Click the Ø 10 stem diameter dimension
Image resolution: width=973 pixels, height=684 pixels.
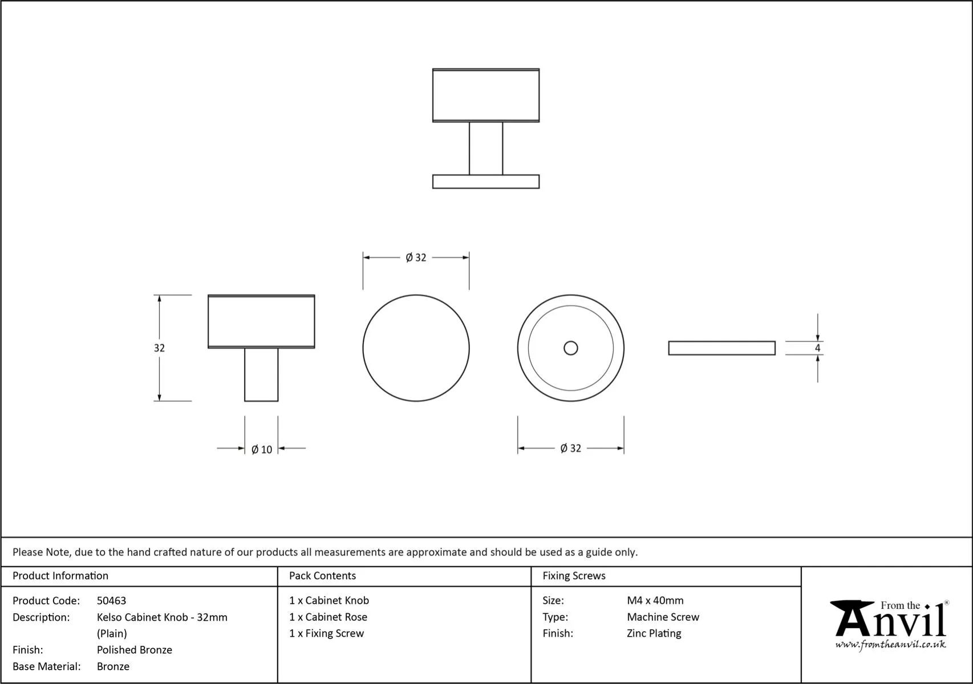[262, 449]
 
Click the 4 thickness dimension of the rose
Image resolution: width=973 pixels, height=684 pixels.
[817, 348]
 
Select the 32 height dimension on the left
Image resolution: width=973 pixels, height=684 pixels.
[159, 348]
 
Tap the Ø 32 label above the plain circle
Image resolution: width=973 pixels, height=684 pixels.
[416, 258]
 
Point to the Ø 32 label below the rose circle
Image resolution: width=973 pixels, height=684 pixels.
[570, 448]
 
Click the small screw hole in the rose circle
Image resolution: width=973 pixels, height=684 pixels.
[570, 348]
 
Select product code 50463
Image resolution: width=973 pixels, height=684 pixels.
[111, 600]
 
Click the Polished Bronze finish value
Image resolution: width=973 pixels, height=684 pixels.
[134, 650]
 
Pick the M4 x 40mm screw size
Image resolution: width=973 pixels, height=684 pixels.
[655, 600]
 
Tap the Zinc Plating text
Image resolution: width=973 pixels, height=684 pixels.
[654, 633]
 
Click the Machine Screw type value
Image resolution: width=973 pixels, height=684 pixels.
[663, 617]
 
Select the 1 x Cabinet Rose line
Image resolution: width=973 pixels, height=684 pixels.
[328, 617]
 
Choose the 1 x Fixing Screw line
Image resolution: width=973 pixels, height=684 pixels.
[326, 633]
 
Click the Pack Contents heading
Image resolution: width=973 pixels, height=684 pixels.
[322, 576]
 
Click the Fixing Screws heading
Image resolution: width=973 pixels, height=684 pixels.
[574, 576]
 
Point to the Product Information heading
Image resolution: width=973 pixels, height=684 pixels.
[60, 576]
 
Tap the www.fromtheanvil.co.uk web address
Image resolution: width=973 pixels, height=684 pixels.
[890, 645]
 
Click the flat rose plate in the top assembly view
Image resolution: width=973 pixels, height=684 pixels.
[485, 181]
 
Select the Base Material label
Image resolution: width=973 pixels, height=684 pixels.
[47, 666]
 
